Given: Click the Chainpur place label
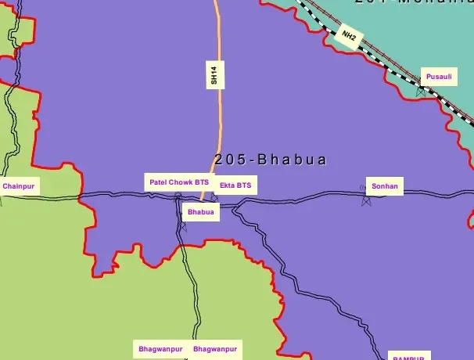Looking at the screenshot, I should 19,186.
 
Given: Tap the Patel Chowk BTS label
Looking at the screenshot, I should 178,182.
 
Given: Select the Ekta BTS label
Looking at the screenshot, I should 235,185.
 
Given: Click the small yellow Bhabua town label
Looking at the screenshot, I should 200,211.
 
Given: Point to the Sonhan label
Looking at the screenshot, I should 385,186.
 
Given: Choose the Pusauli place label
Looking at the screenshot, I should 437,77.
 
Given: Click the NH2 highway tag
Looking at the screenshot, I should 348,35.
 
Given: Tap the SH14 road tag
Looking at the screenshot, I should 213,75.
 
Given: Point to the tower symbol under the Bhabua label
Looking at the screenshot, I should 184,227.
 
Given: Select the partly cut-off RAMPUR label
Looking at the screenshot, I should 408,357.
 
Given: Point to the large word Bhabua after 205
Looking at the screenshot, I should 292,160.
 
